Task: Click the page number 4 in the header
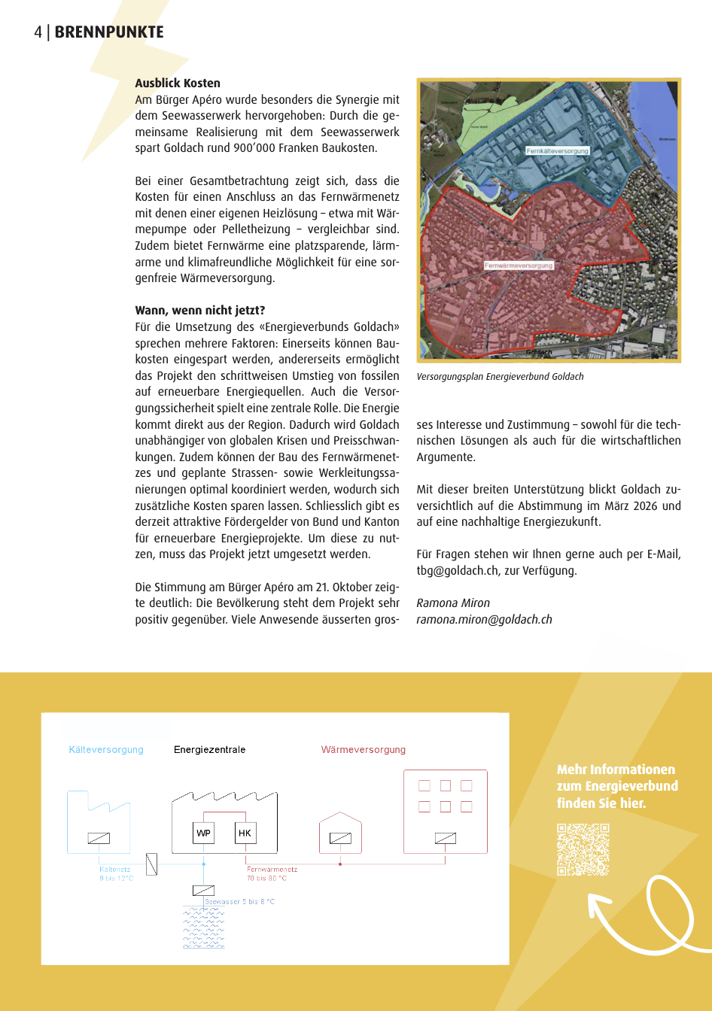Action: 38,32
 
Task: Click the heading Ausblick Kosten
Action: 178,83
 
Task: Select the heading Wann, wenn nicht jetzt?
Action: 199,311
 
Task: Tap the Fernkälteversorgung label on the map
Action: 557,151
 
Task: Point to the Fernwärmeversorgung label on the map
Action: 519,266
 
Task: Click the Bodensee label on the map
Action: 667,139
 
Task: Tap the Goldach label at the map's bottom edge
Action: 539,353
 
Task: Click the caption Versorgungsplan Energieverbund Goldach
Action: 500,377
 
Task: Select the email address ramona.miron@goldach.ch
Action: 484,620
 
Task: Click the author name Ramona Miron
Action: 453,603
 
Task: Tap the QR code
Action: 583,849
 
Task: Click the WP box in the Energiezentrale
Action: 203,833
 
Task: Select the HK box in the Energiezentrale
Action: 245,833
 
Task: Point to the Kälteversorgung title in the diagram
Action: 106,750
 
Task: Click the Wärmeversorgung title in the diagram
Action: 363,750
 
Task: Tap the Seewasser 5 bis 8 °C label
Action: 240,901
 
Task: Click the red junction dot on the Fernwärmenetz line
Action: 340,864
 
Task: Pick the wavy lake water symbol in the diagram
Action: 203,928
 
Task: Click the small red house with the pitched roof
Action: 340,833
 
